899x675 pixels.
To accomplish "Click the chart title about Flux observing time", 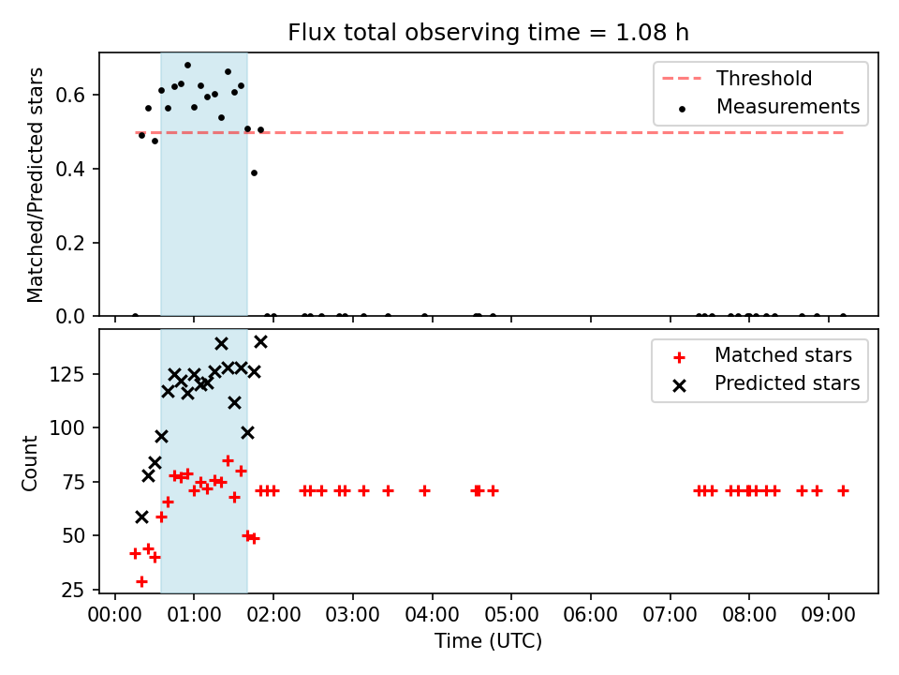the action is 488,33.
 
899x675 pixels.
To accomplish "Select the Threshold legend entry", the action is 737,78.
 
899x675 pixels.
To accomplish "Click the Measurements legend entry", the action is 770,107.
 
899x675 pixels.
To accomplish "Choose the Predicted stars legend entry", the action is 766,383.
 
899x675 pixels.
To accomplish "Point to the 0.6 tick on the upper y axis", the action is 70,95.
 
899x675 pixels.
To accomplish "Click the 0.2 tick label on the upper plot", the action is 70,243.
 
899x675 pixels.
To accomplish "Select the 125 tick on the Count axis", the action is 67,374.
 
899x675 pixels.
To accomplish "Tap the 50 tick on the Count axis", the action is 73,535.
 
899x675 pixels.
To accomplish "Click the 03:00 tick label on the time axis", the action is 353,615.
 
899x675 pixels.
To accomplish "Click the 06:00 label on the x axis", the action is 591,615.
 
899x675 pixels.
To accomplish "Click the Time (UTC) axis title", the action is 488,640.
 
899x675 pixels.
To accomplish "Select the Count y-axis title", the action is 29,463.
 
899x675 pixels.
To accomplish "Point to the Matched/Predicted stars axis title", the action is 35,185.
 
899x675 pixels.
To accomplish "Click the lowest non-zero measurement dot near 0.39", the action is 254,172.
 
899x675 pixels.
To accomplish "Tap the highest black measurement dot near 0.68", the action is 187,66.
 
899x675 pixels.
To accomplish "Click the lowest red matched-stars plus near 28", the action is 141,581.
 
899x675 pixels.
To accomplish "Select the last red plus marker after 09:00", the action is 843,490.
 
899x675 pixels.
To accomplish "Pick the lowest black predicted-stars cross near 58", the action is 141,517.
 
